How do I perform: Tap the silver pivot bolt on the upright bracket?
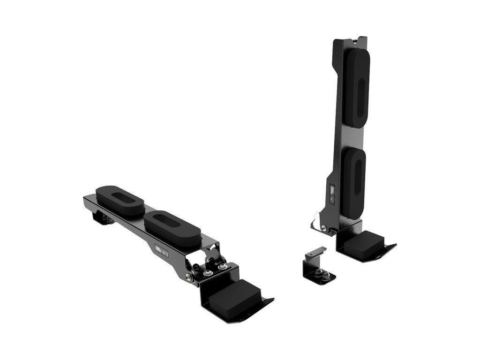coord(324,228)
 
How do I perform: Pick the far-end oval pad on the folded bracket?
coord(119,199)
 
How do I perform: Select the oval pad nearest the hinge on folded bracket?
coord(172,226)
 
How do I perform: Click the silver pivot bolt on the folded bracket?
coord(188,277)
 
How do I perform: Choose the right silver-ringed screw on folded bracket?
coord(222,267)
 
